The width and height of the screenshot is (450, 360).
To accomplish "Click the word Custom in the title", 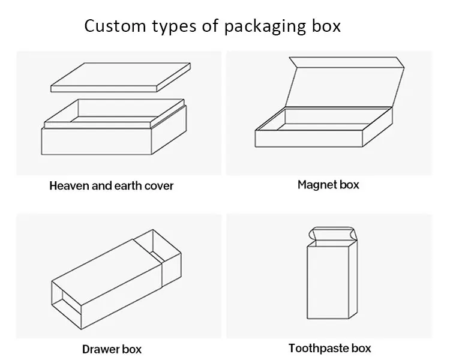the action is click(x=113, y=26).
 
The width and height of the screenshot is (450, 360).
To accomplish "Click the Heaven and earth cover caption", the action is click(x=111, y=185).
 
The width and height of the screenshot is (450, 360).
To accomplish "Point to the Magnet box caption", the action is click(x=328, y=184).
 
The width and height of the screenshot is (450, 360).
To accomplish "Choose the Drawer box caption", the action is click(x=112, y=349).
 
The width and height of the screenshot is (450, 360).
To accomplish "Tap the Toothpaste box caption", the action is click(x=329, y=348).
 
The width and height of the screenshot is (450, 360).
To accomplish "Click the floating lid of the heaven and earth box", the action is click(x=121, y=77).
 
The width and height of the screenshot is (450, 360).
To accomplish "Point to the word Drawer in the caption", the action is click(x=100, y=349).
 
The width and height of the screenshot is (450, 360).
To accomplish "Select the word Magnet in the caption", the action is click(x=317, y=184).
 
